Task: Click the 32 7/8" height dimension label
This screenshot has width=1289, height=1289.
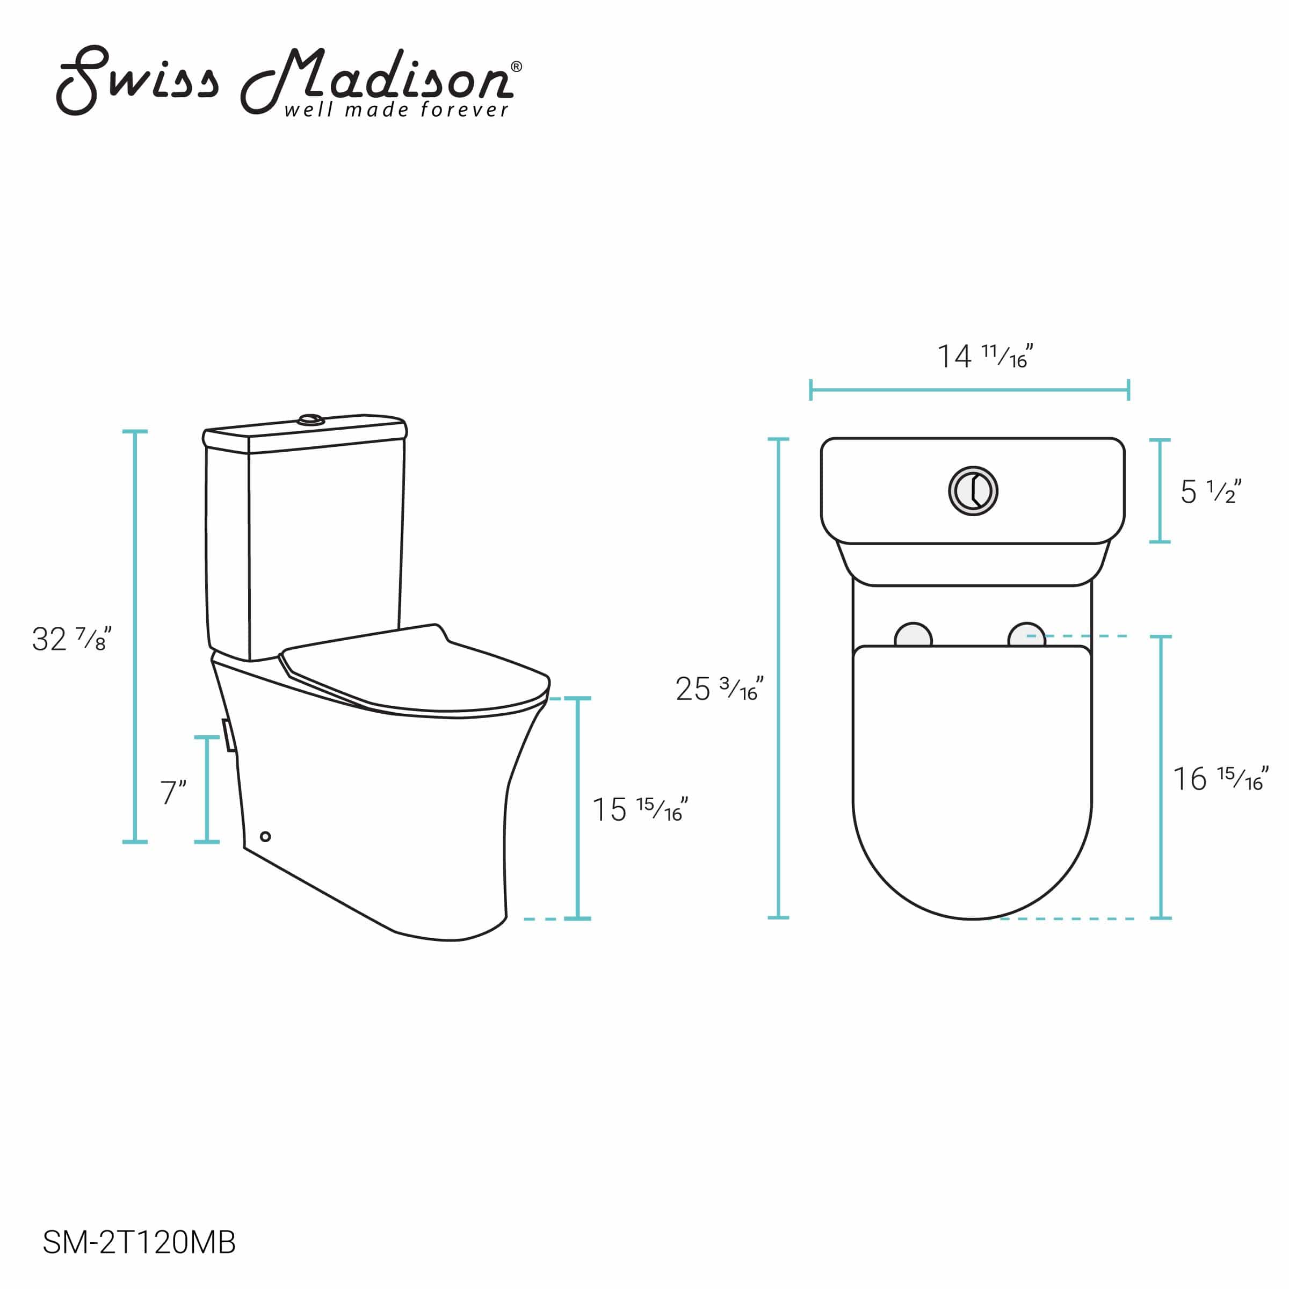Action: (71, 639)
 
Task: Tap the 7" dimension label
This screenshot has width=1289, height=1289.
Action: (173, 792)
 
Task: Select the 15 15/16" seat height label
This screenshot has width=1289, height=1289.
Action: (640, 809)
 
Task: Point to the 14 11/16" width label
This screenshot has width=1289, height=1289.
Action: (985, 356)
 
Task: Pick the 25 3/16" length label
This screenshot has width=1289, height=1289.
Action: (719, 689)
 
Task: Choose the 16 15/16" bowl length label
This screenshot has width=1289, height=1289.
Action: (1221, 779)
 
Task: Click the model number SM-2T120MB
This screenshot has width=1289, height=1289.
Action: (139, 1242)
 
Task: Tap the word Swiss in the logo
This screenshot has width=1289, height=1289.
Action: (137, 80)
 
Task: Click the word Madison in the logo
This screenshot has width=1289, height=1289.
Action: (377, 80)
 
